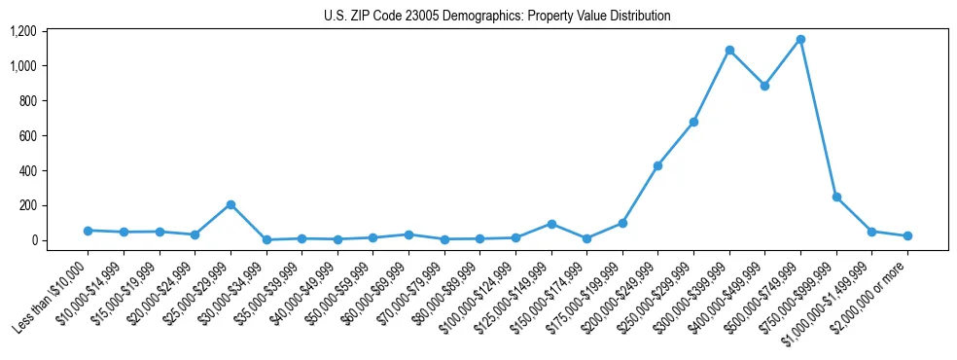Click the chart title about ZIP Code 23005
[x=497, y=16]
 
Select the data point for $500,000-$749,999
[x=800, y=40]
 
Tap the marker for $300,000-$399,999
[x=729, y=51]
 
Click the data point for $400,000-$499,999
[x=764, y=86]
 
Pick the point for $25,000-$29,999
[x=230, y=204]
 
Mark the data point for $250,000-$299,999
[x=693, y=122]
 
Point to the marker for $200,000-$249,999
[x=657, y=165]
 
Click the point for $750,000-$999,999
[x=836, y=197]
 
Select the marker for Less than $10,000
[x=88, y=231]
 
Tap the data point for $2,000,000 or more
[x=907, y=235]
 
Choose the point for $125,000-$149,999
[x=551, y=224]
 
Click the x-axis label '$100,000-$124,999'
[x=479, y=298]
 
